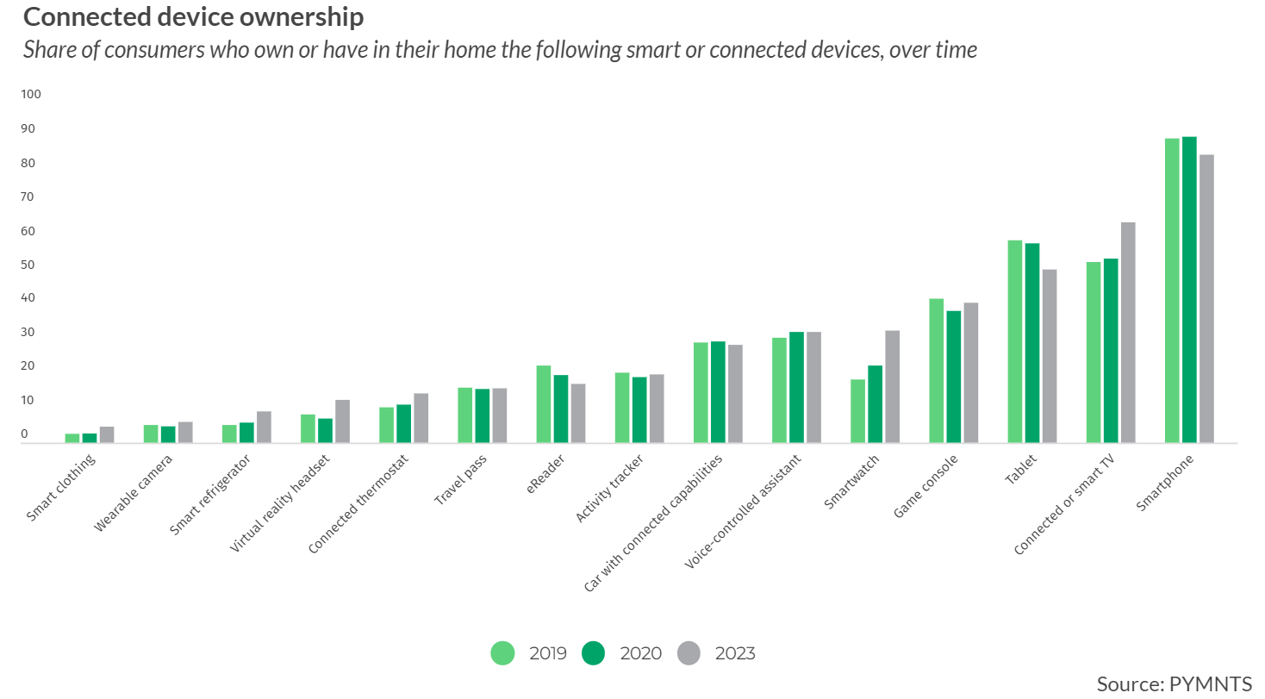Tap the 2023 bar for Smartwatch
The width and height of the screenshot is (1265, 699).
click(892, 387)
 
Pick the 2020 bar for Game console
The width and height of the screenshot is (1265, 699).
click(953, 377)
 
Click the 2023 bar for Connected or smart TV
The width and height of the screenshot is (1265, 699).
click(1128, 333)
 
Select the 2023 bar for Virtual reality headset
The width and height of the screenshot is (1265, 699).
click(343, 421)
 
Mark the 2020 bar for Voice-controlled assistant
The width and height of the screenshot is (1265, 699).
click(796, 387)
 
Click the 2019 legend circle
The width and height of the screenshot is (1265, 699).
click(502, 653)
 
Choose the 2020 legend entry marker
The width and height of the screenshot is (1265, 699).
click(594, 653)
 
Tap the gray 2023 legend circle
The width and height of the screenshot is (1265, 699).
click(689, 653)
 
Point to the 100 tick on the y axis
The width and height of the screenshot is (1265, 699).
click(30, 94)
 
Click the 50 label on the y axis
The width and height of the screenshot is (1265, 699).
click(30, 265)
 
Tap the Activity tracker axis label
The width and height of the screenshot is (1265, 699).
click(608, 491)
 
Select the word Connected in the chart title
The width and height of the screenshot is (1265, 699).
click(83, 16)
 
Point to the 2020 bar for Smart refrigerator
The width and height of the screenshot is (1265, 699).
click(246, 433)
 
